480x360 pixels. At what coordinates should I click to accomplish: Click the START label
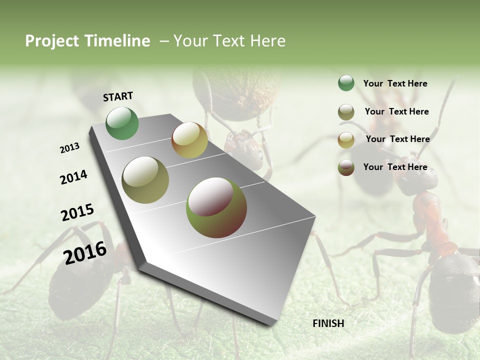click(x=118, y=96)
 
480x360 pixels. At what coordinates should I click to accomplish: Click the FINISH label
click(x=328, y=323)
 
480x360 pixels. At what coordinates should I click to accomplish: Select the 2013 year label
click(x=69, y=148)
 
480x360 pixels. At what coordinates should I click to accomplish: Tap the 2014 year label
click(x=73, y=177)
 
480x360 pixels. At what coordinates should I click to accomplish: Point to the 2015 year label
click(x=77, y=212)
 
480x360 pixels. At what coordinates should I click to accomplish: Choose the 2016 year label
click(x=85, y=252)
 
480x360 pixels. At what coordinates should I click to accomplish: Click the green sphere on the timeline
click(x=122, y=123)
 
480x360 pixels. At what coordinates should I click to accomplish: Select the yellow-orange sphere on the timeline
click(x=189, y=140)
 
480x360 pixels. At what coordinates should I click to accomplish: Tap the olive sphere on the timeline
click(x=145, y=180)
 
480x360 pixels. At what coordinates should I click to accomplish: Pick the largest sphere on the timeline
click(x=216, y=207)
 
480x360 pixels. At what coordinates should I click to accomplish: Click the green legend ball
click(x=346, y=83)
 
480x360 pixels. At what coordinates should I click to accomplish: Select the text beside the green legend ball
click(x=395, y=83)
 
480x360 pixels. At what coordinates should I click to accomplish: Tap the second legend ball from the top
click(x=346, y=112)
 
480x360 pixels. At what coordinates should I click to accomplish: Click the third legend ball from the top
click(x=346, y=140)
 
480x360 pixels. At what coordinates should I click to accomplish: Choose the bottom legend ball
click(x=346, y=167)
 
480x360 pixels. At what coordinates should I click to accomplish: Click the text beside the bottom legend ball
click(x=395, y=167)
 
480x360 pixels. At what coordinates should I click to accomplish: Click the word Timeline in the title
click(x=118, y=41)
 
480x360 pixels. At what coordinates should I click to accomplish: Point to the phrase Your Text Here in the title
click(x=229, y=41)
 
